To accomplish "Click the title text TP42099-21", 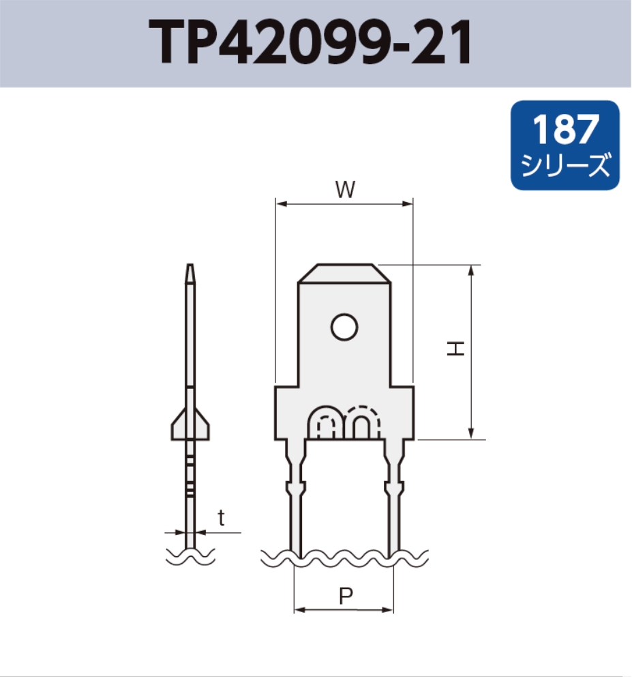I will click(x=310, y=42).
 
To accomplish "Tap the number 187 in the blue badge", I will click(x=565, y=129).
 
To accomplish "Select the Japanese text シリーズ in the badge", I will click(x=565, y=166).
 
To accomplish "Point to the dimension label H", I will click(x=455, y=349).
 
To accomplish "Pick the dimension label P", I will click(x=346, y=596).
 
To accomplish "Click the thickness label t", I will click(x=221, y=518).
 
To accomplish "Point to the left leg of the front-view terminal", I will click(x=295, y=498).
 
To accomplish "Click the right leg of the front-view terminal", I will click(x=394, y=498).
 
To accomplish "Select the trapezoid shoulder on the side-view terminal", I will click(x=190, y=423).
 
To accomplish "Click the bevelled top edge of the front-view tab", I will click(x=344, y=267).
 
